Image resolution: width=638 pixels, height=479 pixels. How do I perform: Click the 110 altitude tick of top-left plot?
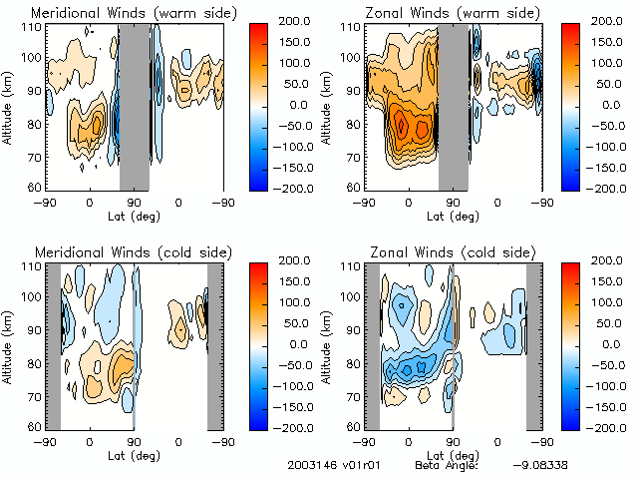(x=29, y=27)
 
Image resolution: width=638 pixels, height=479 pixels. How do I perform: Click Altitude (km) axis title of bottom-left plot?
(x=9, y=343)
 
